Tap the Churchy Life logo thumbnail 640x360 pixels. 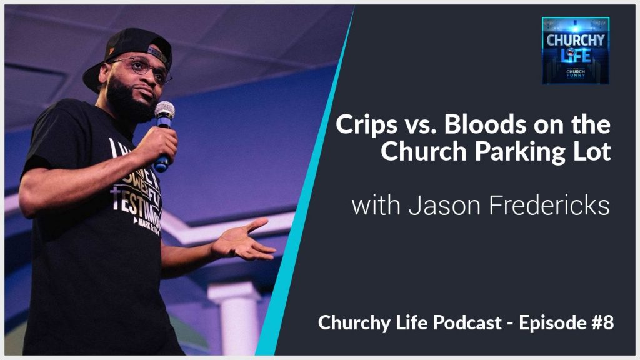(x=575, y=51)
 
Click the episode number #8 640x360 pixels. (x=602, y=322)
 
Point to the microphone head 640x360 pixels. (x=164, y=111)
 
